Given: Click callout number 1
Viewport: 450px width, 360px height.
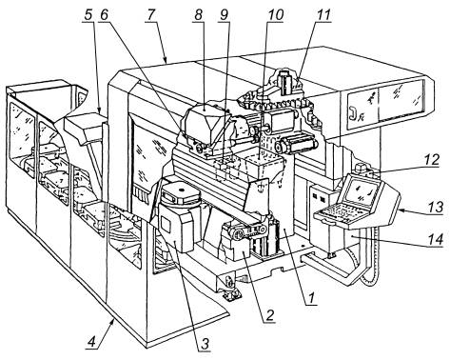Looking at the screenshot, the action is (312, 298).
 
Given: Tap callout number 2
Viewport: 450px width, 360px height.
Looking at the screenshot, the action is (269, 315).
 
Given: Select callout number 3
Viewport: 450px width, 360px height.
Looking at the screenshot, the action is (205, 344).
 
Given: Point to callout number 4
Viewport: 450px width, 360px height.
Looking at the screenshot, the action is (91, 342).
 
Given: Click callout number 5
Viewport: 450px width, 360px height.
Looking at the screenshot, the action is (88, 15).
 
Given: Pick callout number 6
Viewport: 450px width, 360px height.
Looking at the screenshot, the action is (103, 15).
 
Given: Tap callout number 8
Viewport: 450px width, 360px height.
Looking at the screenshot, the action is (198, 15).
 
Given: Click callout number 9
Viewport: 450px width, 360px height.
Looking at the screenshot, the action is (224, 15).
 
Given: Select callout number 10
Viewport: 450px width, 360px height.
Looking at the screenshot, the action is (275, 15).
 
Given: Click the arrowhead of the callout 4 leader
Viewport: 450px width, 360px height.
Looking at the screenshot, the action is (112, 322).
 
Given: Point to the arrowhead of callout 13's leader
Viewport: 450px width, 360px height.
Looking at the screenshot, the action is (400, 210).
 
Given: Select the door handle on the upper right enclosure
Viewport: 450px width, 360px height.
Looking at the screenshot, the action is (353, 113).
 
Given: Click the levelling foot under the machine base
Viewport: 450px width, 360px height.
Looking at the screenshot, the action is (230, 290).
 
